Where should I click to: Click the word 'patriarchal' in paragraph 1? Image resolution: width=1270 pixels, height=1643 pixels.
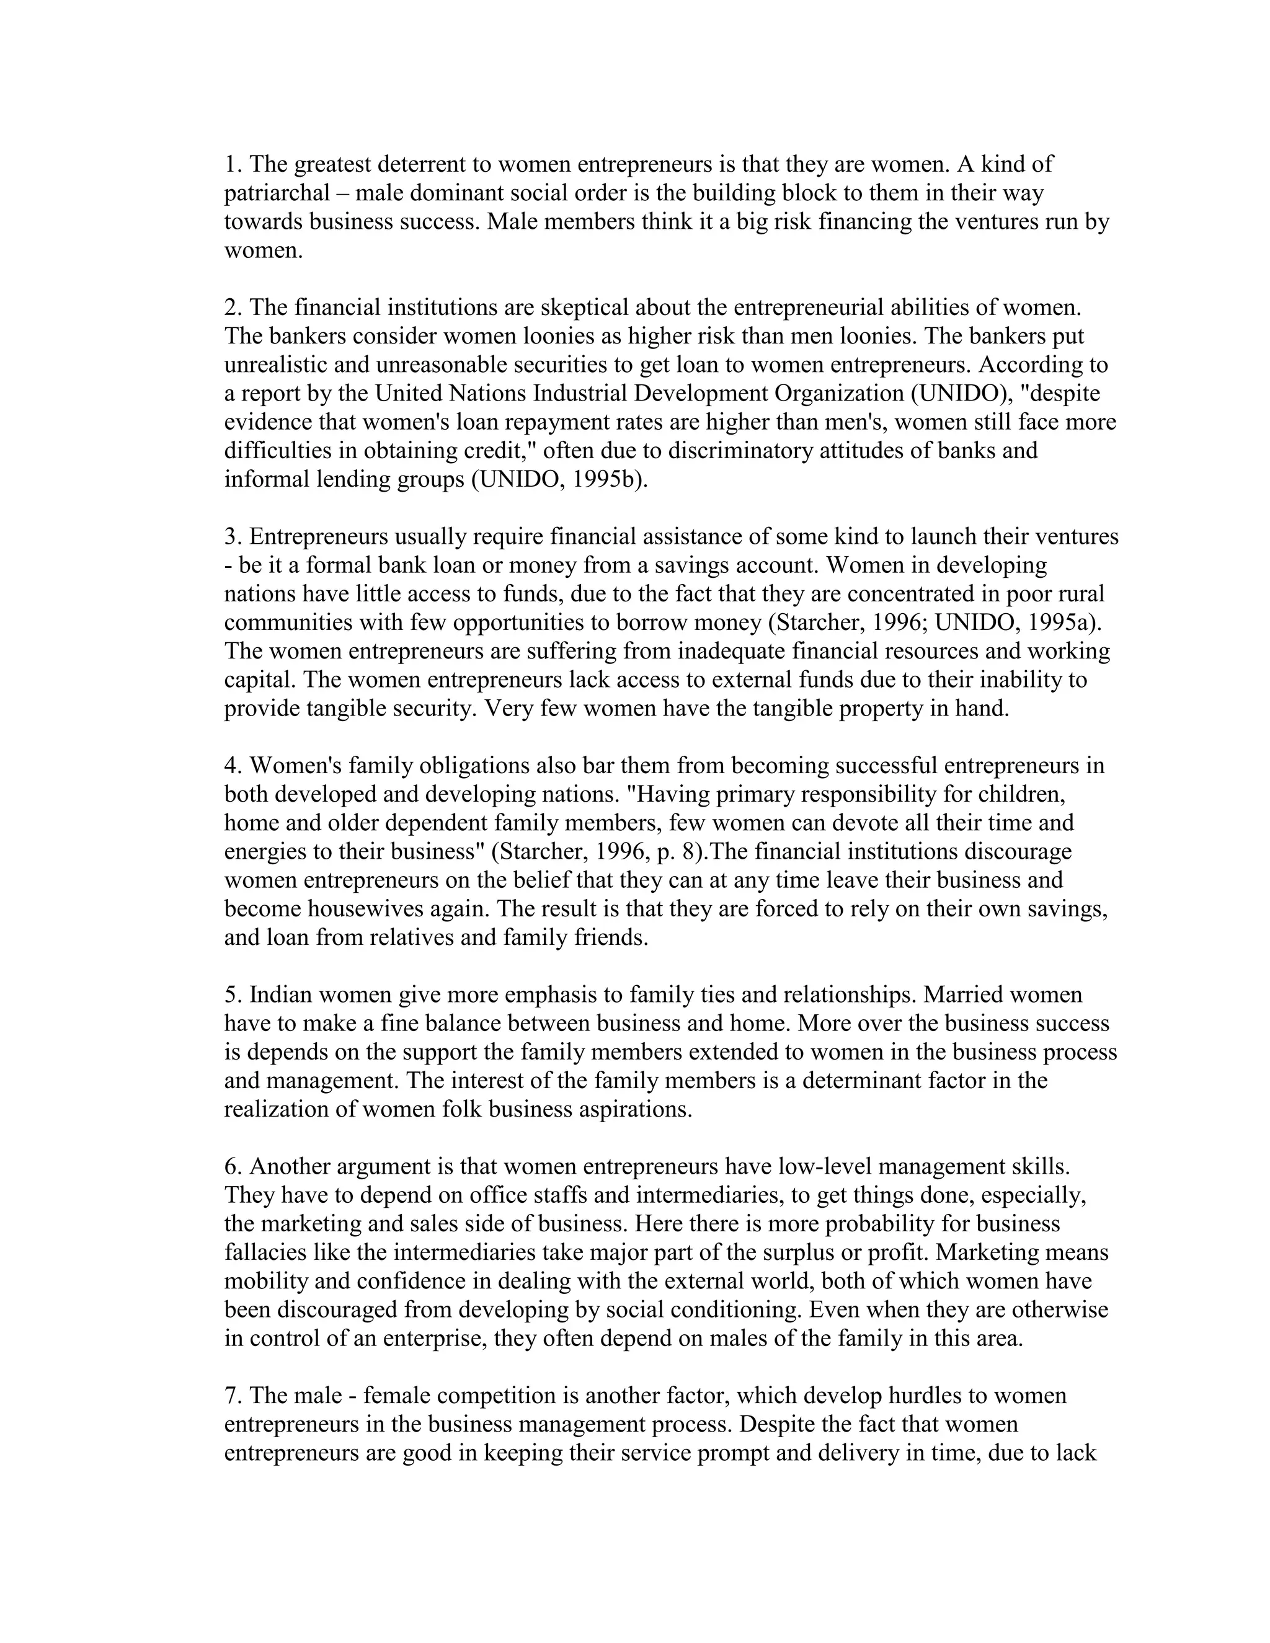[x=277, y=193]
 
